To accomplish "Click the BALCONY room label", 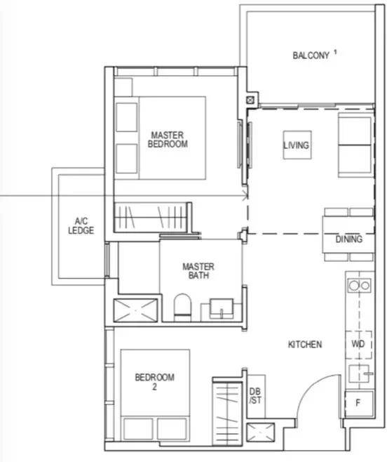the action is click(311, 55).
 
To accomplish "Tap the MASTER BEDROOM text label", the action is click(168, 139).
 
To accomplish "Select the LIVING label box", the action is click(297, 145).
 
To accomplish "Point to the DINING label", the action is click(349, 239).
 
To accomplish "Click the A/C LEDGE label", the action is click(81, 225).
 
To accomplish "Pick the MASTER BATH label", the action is click(198, 271).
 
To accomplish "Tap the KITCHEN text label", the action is click(305, 345).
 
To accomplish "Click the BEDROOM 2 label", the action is click(154, 382).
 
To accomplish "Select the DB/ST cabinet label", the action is click(255, 396).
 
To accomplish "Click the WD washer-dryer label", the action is click(358, 344).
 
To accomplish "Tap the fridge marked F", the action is click(359, 403).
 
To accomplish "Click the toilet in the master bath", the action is click(182, 306).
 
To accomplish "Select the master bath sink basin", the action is click(222, 308).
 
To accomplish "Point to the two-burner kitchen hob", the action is click(360, 286).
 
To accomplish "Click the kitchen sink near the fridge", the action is click(359, 374).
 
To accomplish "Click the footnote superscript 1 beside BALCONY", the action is click(335, 52).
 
